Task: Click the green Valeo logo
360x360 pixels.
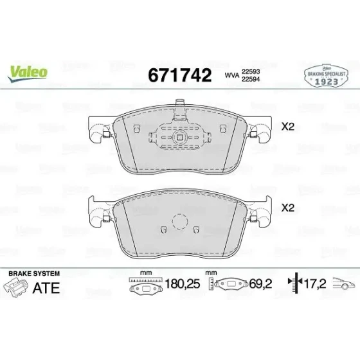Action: [x=28, y=73]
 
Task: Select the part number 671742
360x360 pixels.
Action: [x=180, y=75]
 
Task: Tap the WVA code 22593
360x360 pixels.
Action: [x=251, y=71]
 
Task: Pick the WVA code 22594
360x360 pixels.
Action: [x=251, y=79]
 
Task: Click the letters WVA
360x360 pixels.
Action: [x=232, y=75]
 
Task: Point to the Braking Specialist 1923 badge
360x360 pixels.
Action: [x=326, y=76]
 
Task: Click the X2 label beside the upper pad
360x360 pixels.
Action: [x=288, y=127]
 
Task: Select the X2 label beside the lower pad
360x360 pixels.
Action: [x=288, y=208]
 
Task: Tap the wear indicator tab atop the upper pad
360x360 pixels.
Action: [x=180, y=109]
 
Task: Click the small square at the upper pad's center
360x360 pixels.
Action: [x=180, y=138]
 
